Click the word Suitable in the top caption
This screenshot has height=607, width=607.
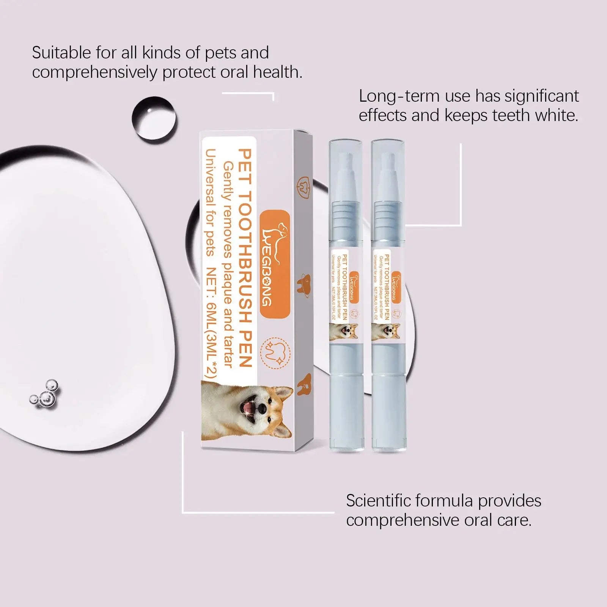point(61,53)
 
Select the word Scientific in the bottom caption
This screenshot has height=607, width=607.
point(378,501)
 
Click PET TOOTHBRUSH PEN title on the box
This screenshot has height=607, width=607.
point(245,258)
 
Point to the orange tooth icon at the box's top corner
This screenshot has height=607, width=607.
point(303,186)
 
